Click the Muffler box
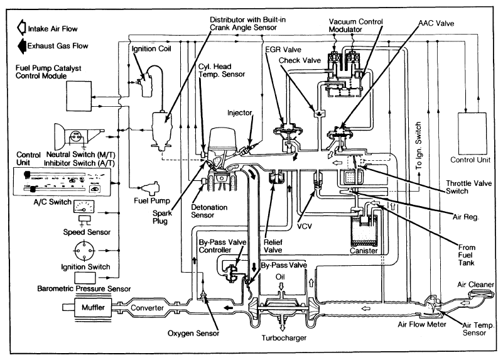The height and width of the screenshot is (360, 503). (88, 308)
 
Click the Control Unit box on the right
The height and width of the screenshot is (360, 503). (473, 133)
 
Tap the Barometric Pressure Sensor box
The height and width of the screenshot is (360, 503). (85, 278)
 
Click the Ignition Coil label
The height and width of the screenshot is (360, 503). (150, 48)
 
